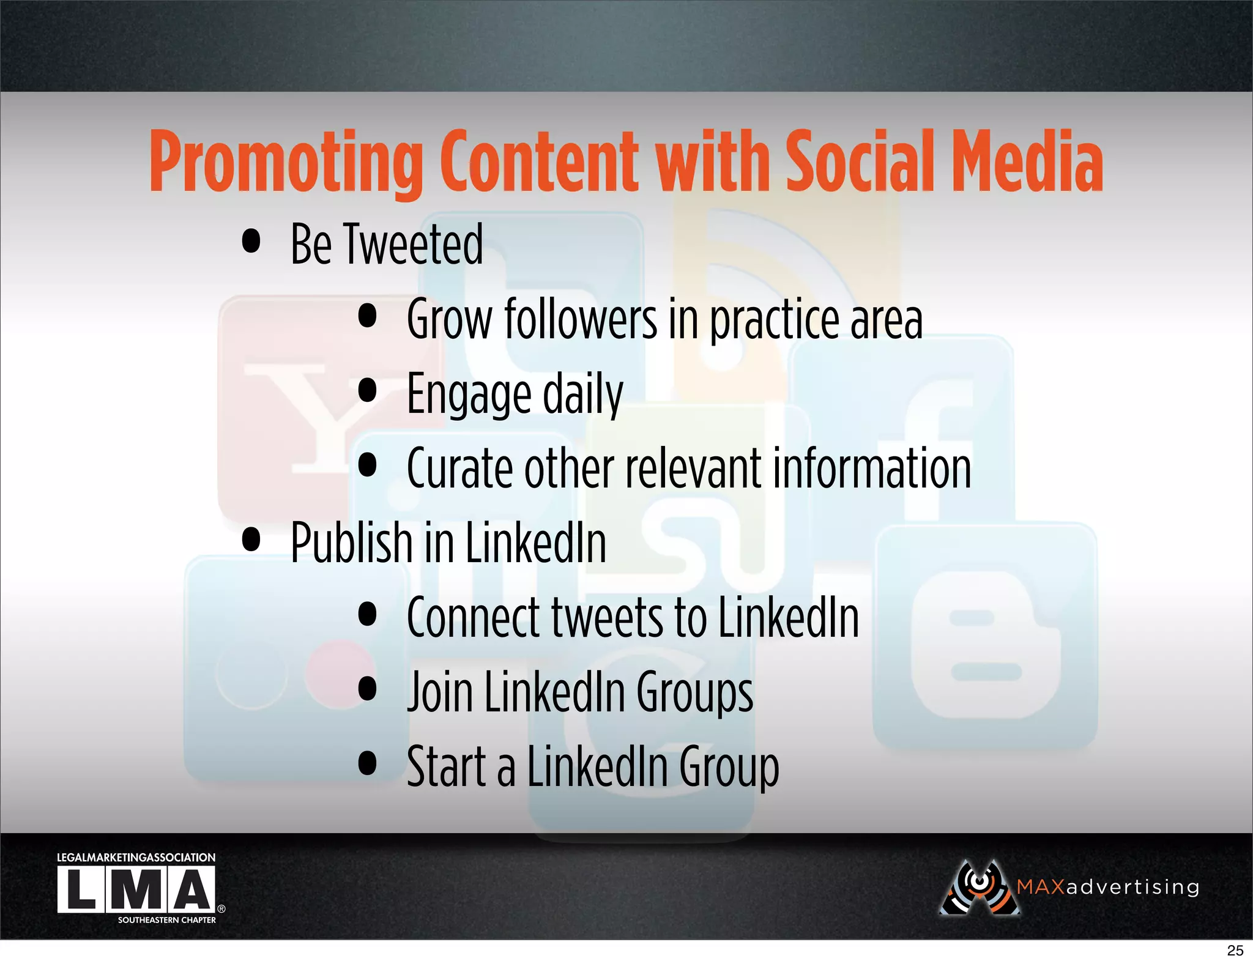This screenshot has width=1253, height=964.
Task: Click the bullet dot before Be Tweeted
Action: point(251,241)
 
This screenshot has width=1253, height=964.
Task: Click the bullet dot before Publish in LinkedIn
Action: point(251,539)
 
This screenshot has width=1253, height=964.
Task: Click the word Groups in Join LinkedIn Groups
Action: point(694,693)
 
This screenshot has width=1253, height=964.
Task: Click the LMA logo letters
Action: point(136,890)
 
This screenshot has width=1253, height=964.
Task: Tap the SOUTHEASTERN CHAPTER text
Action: point(166,920)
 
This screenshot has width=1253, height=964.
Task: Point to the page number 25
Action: point(1235,951)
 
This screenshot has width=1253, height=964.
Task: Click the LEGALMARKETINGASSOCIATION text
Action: point(136,858)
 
